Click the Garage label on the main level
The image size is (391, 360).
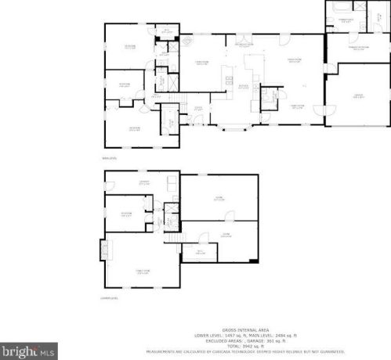click(x=357, y=96)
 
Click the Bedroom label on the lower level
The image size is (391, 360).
click(x=125, y=214)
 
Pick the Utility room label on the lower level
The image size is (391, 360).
click(x=199, y=252)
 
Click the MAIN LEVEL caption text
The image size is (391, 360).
click(x=110, y=157)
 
